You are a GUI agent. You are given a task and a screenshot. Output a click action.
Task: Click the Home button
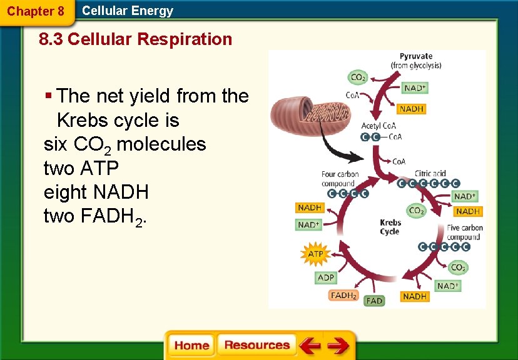pyautogui.click(x=191, y=346)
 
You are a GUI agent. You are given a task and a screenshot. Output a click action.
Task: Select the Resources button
pyautogui.click(x=256, y=346)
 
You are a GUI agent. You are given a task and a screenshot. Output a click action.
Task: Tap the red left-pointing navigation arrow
pyautogui.click(x=310, y=346)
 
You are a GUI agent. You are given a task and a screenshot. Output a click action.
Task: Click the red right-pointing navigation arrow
pyautogui.click(x=338, y=346)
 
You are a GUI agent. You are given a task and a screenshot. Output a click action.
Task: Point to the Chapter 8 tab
pyautogui.click(x=36, y=11)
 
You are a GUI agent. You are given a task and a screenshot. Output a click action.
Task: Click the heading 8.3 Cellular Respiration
pyautogui.click(x=135, y=39)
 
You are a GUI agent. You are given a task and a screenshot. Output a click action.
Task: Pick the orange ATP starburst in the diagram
pyautogui.click(x=316, y=254)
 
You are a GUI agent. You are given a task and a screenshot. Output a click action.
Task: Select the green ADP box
pyautogui.click(x=326, y=277)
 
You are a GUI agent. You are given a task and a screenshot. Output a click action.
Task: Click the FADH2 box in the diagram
pyautogui.click(x=343, y=295)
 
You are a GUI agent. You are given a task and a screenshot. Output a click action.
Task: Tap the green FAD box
pyautogui.click(x=374, y=301)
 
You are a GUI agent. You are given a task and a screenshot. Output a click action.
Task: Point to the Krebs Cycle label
pyautogui.click(x=390, y=227)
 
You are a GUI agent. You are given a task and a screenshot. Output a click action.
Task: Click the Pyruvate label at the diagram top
pyautogui.click(x=416, y=61)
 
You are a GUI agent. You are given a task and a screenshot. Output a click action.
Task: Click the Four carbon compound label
pyautogui.click(x=340, y=179)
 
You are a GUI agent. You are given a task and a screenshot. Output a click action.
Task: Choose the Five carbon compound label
pyautogui.click(x=464, y=232)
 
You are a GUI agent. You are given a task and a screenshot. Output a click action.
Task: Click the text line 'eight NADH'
pyautogui.click(x=96, y=192)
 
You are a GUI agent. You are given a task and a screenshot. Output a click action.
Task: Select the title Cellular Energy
pyautogui.click(x=128, y=11)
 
